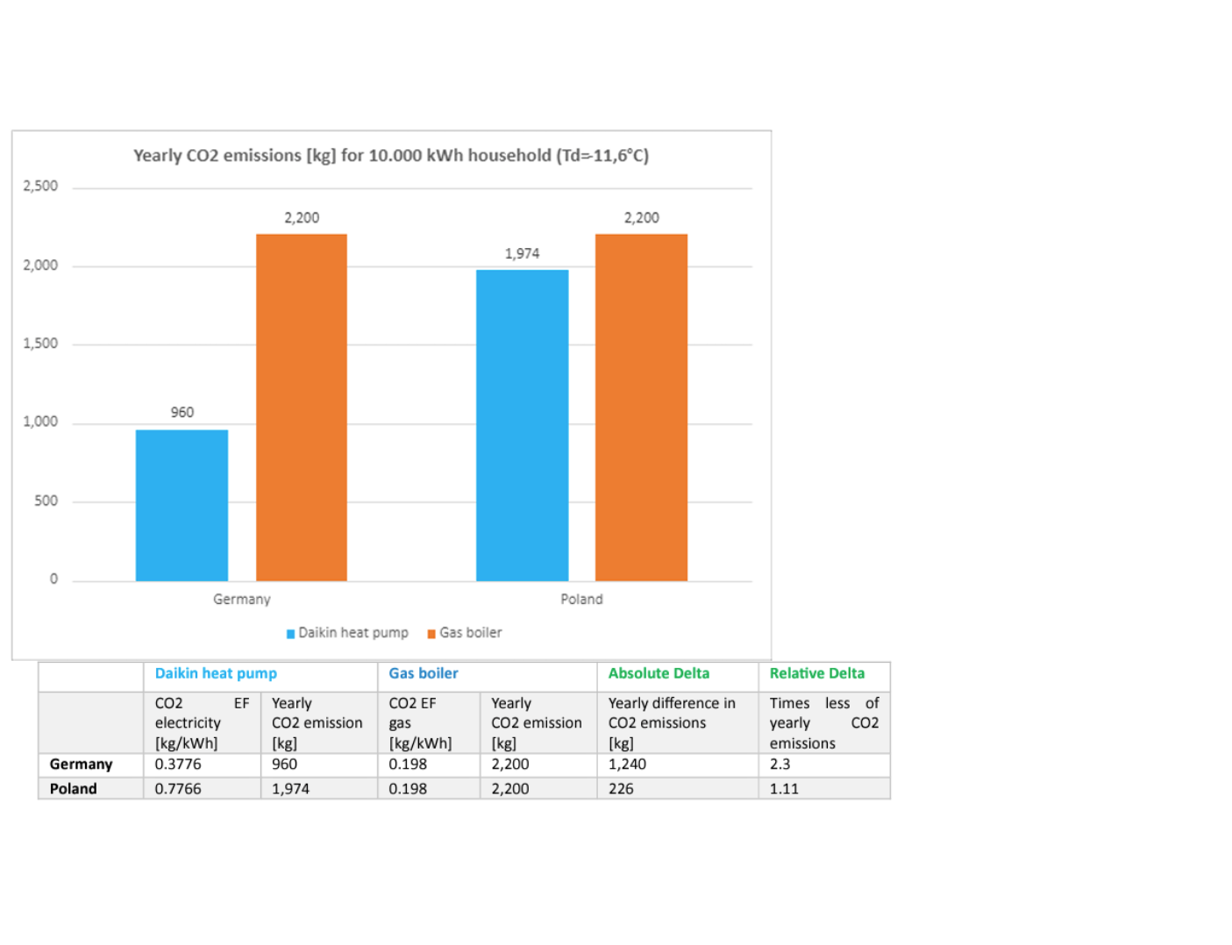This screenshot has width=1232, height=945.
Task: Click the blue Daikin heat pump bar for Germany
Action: tap(182, 505)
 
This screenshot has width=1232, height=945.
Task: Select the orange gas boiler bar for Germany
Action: tap(301, 408)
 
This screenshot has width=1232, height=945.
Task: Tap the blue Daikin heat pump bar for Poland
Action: tap(522, 425)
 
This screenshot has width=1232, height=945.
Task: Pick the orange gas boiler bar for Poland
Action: tap(641, 408)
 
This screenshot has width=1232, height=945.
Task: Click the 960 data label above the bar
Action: tap(182, 412)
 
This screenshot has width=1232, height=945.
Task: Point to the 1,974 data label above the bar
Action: tap(522, 253)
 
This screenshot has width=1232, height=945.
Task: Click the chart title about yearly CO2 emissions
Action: tap(391, 155)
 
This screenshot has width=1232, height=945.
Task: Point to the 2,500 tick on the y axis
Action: tap(40, 186)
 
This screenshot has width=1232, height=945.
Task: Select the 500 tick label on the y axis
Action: tap(46, 501)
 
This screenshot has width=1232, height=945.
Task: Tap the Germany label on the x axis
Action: tap(241, 599)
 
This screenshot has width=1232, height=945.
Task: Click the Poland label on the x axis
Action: tap(581, 599)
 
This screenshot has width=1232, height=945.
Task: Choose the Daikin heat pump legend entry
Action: tap(348, 633)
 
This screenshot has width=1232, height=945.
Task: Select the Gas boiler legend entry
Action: tap(465, 633)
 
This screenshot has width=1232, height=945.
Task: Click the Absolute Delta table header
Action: tap(659, 673)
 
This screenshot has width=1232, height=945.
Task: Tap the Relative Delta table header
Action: tap(816, 673)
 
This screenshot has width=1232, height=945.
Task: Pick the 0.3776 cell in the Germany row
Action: tap(177, 764)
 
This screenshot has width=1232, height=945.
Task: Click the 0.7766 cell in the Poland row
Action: tap(177, 788)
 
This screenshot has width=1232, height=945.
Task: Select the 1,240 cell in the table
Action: tap(627, 764)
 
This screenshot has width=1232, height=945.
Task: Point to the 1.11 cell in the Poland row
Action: tap(784, 788)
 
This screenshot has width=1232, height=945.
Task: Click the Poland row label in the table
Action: tap(73, 788)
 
